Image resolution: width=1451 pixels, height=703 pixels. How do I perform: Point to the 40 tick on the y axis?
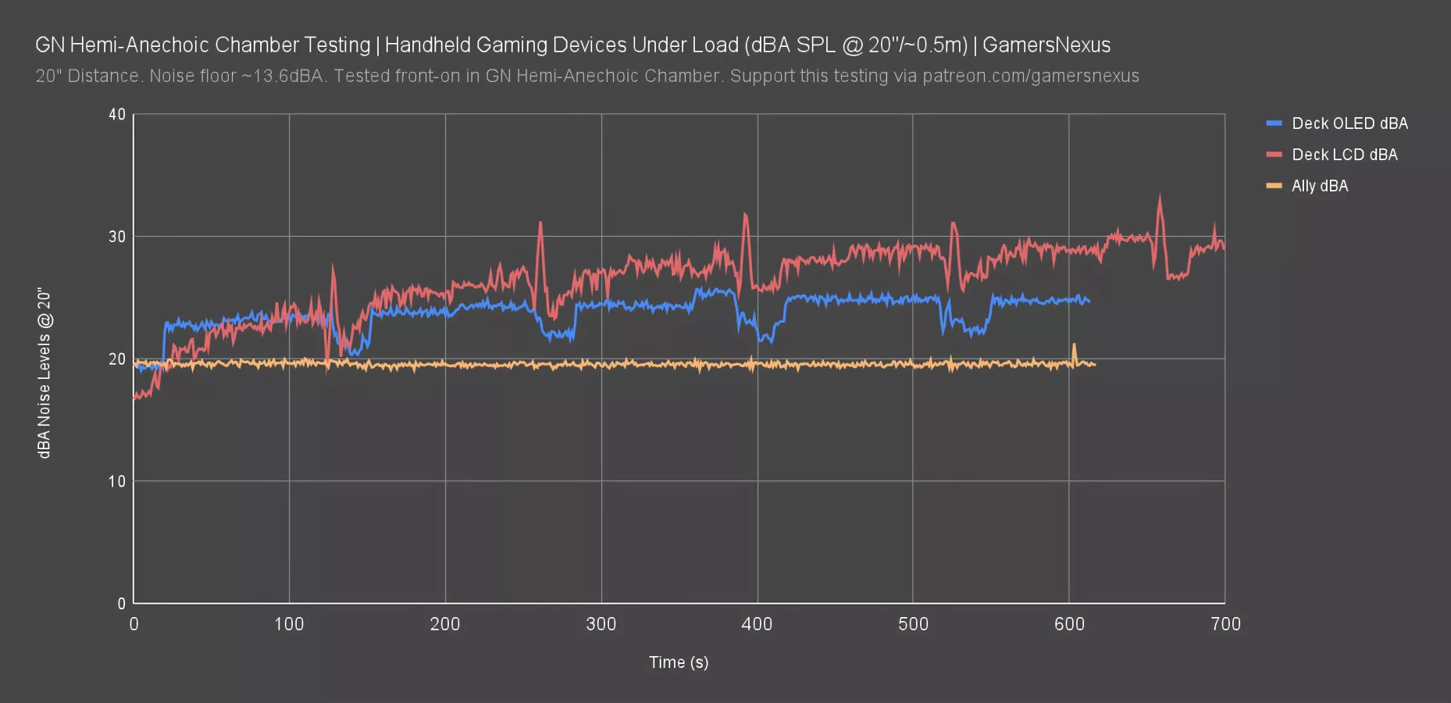coord(117,115)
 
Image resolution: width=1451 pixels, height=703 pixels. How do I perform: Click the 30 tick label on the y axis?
coord(117,237)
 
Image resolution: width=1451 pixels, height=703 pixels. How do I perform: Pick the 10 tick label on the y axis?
coord(117,481)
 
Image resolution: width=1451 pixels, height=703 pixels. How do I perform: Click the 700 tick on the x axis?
coord(1225,624)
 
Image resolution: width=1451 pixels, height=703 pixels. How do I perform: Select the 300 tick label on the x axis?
coord(601,624)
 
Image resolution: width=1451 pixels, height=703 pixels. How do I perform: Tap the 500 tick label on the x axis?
coord(912,624)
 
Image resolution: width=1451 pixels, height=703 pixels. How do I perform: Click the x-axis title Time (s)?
coord(678,662)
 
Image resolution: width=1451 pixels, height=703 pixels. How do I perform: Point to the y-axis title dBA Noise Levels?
coord(45,373)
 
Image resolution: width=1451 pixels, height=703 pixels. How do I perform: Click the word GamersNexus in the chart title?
coord(1046,45)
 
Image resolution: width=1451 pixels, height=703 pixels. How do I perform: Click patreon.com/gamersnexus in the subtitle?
coord(1030,77)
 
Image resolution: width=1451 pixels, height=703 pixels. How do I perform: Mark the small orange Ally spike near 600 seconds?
coord(1074,345)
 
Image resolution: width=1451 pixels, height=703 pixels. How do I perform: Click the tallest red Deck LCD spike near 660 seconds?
coord(1159,198)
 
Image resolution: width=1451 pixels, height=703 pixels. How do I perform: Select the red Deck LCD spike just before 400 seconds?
coord(745,215)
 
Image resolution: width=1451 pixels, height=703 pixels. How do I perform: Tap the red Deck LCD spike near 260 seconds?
coord(540,223)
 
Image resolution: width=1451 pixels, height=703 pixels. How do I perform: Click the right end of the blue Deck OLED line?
coord(1089,302)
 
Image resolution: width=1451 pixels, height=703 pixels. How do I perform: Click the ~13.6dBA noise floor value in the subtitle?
coord(281,77)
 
